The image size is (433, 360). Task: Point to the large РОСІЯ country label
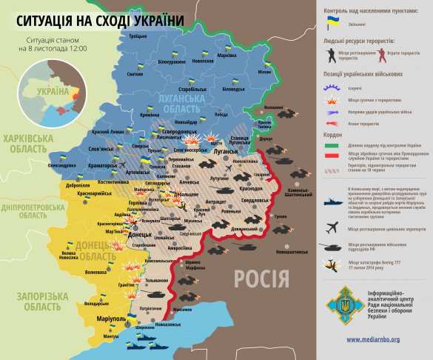pos(261,278)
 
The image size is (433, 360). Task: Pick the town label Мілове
pos(264,72)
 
